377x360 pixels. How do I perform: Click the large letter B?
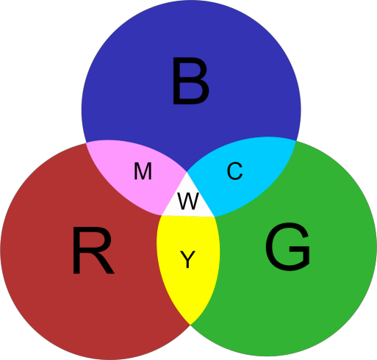click(x=191, y=81)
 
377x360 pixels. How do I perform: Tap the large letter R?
click(x=93, y=251)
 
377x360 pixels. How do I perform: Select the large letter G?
click(x=287, y=247)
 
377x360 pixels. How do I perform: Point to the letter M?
click(x=143, y=171)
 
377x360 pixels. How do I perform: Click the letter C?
click(x=234, y=171)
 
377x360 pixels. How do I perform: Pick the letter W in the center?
click(x=188, y=201)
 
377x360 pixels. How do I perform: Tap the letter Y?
click(x=187, y=259)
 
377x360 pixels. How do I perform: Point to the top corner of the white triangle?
click(x=187, y=172)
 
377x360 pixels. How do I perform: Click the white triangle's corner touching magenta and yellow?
click(x=162, y=215)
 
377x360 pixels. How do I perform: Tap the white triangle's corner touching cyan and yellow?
click(x=215, y=217)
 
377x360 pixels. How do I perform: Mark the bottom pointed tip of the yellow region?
click(x=190, y=325)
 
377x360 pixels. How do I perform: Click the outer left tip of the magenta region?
click(x=86, y=143)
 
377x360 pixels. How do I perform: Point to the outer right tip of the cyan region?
click(x=296, y=141)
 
